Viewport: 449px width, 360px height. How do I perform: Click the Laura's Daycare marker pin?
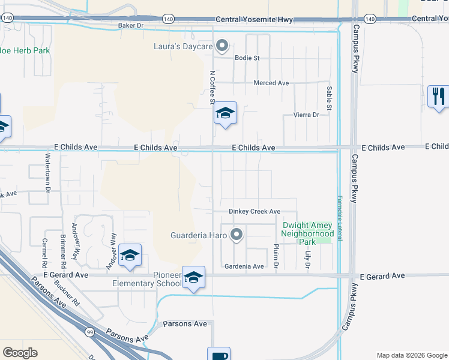point(222,46)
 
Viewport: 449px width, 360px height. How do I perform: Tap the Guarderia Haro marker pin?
point(237,235)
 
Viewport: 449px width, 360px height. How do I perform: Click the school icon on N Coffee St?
point(225,114)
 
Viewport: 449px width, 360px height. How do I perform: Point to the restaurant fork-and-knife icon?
point(438,96)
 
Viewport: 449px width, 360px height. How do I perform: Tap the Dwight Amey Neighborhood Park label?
point(307,233)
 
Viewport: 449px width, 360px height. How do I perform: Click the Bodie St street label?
point(247,58)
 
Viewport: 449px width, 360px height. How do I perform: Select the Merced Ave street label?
point(271,83)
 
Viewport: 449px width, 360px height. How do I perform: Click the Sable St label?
point(329,97)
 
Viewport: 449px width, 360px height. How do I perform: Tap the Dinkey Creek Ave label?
point(255,211)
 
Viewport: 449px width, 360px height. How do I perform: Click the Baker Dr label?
point(131,25)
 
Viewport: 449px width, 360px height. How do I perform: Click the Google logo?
point(20,353)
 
